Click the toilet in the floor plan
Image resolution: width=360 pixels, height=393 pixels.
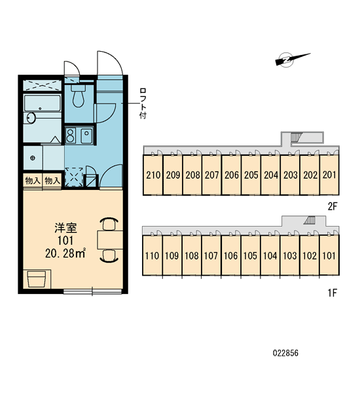click(x=79, y=96)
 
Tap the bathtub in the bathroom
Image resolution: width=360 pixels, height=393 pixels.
click(x=43, y=103)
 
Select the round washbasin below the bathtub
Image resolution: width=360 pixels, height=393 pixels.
click(x=31, y=118)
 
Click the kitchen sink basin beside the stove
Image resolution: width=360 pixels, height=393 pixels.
click(x=86, y=136)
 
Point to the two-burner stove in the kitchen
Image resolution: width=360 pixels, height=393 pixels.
click(x=71, y=136)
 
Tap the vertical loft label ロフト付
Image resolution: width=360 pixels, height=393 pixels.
click(x=143, y=103)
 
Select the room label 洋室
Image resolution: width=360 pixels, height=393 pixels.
click(x=65, y=228)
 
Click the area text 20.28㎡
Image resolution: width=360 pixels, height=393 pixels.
click(x=65, y=253)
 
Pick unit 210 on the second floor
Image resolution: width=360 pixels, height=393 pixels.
click(x=153, y=175)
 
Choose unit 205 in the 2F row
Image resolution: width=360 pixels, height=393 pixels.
click(x=251, y=175)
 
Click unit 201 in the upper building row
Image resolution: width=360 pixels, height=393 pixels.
click(x=329, y=175)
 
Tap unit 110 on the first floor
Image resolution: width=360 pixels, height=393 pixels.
click(x=152, y=256)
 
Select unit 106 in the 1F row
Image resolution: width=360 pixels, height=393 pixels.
click(x=230, y=256)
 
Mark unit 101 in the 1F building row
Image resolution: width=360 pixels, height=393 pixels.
click(x=329, y=256)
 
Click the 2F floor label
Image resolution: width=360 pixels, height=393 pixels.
click(x=333, y=206)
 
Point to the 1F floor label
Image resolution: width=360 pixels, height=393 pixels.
click(x=333, y=293)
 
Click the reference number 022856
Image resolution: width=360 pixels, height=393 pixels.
click(x=285, y=353)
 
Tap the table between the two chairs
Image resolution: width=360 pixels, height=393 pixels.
click(x=110, y=240)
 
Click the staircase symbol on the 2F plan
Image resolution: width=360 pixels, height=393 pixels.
click(x=297, y=138)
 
